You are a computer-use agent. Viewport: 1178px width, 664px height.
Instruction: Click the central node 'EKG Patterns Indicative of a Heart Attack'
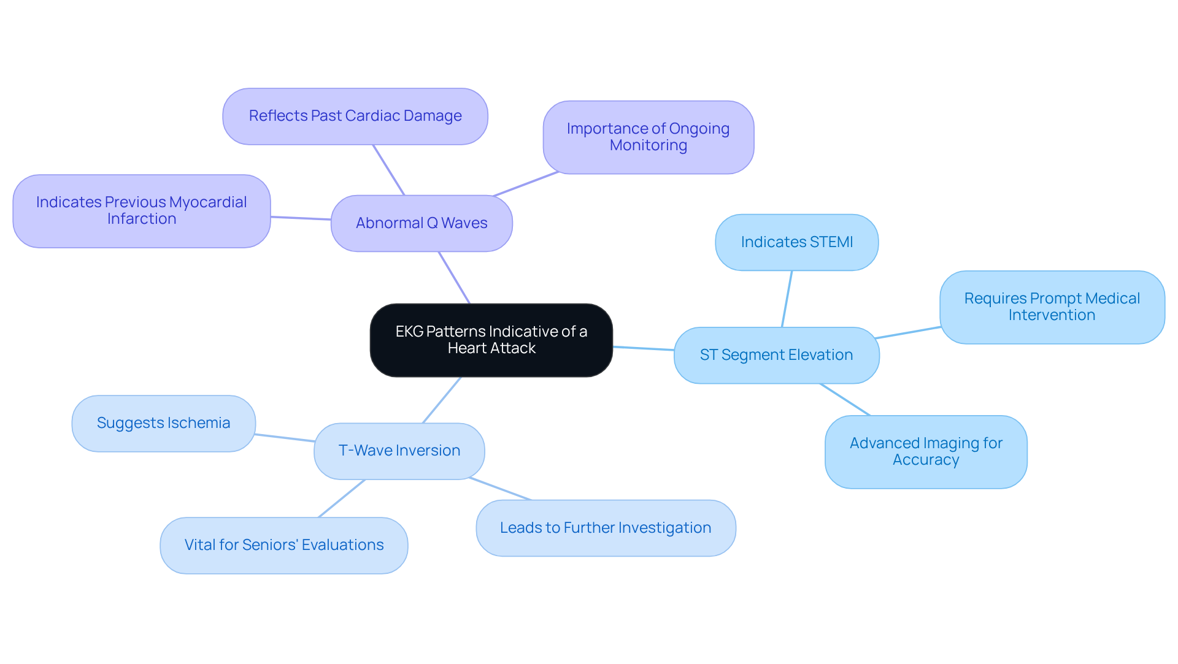click(491, 340)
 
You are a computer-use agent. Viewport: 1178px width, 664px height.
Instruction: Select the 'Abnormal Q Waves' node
click(422, 223)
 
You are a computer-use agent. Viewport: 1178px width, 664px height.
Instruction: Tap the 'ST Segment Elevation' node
click(776, 355)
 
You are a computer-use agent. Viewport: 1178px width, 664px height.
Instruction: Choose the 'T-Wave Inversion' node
click(399, 451)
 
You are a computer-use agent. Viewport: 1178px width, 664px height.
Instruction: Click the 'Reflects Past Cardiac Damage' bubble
click(355, 116)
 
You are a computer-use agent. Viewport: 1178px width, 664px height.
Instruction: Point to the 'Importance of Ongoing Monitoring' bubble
click(648, 137)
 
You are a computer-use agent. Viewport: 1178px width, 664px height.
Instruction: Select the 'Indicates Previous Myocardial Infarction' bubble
click(141, 211)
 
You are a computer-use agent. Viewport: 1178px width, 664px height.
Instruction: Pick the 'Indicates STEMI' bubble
click(796, 242)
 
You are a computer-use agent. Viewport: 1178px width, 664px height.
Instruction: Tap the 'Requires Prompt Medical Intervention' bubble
click(1052, 307)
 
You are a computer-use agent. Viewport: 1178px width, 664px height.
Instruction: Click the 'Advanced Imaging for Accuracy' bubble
click(925, 451)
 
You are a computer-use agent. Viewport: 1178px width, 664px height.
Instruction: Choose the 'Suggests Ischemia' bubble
click(163, 423)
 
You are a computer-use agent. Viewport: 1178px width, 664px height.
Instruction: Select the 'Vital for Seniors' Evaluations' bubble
click(283, 545)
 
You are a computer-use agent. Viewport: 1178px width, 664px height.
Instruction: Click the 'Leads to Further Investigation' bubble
click(605, 528)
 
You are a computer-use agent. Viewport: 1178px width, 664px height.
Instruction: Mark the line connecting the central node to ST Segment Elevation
click(643, 348)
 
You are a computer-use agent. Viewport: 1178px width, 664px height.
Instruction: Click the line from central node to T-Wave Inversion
click(442, 400)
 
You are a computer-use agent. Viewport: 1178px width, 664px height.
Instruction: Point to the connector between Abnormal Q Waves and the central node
click(454, 277)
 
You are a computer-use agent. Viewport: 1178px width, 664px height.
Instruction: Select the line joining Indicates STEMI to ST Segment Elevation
click(787, 299)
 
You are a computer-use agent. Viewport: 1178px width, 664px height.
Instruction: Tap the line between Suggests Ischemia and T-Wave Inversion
click(285, 438)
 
